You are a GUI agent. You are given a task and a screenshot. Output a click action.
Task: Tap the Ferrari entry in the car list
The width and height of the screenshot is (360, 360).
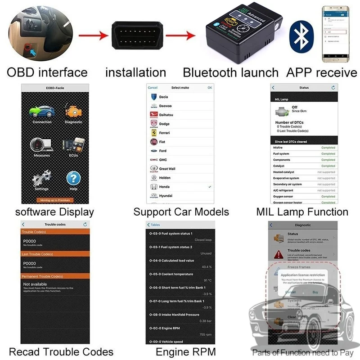pos(164,133)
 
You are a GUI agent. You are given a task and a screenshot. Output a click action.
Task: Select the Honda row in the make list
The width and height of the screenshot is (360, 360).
pos(164,187)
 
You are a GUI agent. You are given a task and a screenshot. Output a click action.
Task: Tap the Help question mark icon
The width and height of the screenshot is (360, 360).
pos(73,179)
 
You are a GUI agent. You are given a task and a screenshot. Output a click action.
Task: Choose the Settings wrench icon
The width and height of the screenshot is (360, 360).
pos(41,179)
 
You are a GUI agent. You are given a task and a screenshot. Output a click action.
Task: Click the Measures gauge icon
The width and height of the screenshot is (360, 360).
pos(41,145)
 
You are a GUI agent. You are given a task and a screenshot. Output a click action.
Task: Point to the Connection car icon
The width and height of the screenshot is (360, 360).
pos(41,112)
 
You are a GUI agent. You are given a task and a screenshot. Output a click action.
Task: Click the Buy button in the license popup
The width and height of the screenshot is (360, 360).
pos(315,292)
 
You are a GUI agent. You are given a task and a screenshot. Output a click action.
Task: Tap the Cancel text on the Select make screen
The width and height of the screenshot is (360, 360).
pos(153,88)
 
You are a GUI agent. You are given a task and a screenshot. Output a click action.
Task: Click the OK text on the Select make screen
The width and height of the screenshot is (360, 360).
pos(210,88)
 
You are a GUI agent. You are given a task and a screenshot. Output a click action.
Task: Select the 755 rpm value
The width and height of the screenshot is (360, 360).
pos(206,335)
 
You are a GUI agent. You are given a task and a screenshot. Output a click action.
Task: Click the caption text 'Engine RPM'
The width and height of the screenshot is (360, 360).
pos(186,351)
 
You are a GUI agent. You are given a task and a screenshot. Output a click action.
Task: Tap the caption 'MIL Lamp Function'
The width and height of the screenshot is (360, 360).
pos(302,211)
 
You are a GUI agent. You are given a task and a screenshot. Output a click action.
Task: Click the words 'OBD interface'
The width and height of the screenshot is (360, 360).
pos(47,72)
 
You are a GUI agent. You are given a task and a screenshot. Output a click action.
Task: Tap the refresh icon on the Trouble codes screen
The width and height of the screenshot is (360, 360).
pos(85,224)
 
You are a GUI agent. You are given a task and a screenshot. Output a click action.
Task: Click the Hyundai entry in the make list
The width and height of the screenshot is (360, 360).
pos(166,196)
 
